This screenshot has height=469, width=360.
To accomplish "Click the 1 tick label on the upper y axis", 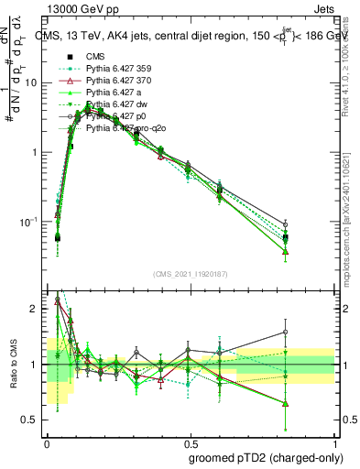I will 37,152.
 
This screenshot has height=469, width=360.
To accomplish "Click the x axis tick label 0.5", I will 190,442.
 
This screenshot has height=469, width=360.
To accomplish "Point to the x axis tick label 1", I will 333,442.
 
